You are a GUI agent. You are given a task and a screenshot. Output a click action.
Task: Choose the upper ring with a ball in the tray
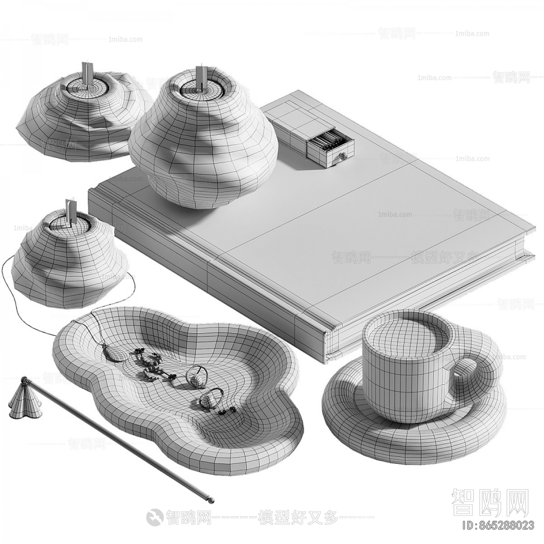coord(197,378)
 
